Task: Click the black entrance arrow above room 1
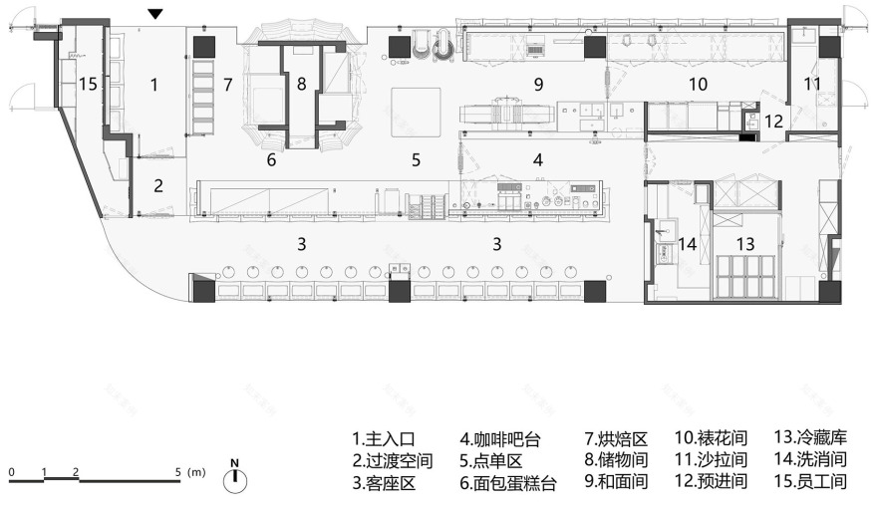coord(154,13)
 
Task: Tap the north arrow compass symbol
coord(235,477)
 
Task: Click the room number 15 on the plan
coord(88,85)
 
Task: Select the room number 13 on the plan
coord(744,243)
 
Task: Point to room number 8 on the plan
coord(300,84)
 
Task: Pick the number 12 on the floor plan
coord(774,121)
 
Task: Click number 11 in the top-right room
coord(813,84)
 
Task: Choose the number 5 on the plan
coord(417,158)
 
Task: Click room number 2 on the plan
coord(157,184)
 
